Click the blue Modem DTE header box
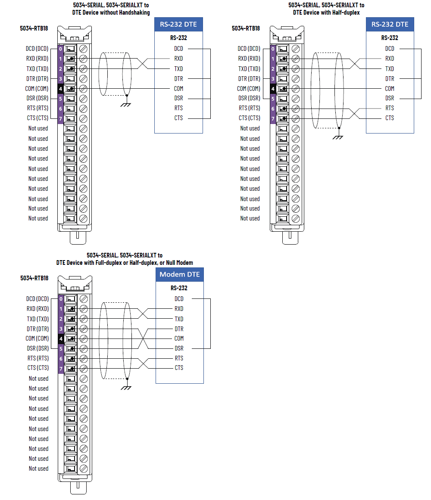pos(179,275)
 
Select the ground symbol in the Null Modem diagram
pos(126,387)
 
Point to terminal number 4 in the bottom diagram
pos(61,339)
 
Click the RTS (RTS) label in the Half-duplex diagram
pos(250,108)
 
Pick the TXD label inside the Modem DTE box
pos(179,319)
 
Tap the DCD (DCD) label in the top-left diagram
pos(37,49)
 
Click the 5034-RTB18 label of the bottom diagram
pos(34,278)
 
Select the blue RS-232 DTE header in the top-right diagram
pos(390,24)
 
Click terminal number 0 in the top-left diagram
pos(60,49)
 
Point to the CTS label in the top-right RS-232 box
pos(390,118)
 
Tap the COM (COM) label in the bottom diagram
pos(37,339)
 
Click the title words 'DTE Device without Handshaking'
pos(111,12)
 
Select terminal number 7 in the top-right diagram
pos(272,118)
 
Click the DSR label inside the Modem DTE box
pos(179,348)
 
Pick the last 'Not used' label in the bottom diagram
pos(38,469)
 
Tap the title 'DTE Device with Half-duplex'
pos(326,12)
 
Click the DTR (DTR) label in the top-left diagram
pos(37,79)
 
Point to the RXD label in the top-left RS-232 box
pos(178,59)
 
